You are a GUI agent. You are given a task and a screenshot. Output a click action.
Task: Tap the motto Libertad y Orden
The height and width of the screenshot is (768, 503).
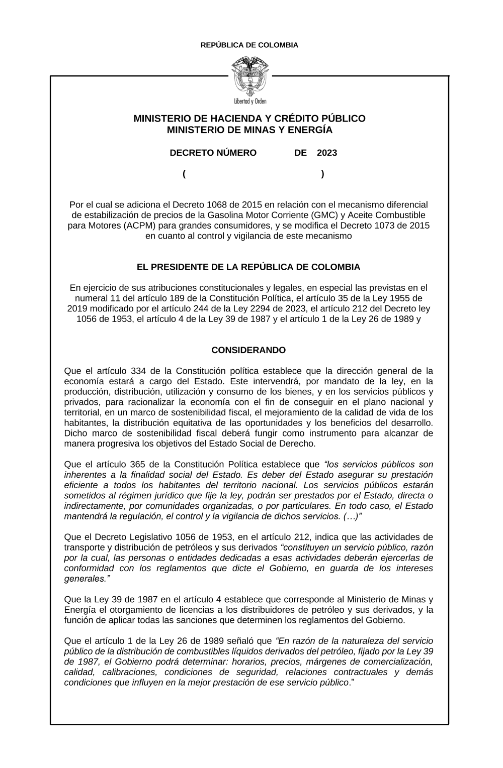[x=250, y=101]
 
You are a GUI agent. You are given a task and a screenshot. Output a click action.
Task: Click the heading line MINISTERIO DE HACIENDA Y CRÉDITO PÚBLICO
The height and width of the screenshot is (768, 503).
[x=249, y=119]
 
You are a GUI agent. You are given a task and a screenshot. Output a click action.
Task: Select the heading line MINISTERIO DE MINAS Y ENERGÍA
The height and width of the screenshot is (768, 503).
[x=249, y=130]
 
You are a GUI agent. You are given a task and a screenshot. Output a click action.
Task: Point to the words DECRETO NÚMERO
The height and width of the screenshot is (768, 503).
[x=213, y=153]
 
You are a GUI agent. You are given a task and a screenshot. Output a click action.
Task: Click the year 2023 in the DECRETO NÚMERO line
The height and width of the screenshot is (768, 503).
[x=327, y=153]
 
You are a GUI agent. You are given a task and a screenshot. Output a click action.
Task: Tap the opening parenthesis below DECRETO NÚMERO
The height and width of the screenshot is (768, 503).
[x=185, y=174]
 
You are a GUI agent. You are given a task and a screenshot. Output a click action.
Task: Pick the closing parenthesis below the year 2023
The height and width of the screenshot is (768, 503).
[x=322, y=174]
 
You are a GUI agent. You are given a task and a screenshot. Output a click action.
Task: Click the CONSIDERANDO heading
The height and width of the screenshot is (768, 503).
[x=248, y=350]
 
